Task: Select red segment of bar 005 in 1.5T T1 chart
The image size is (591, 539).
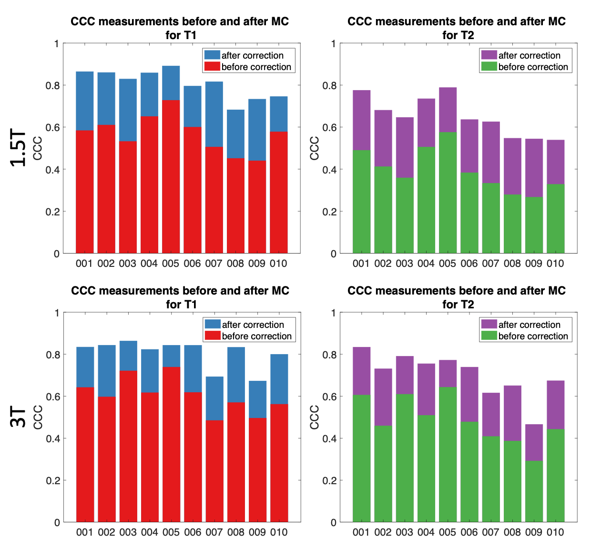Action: (171, 176)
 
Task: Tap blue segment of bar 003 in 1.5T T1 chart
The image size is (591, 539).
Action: (128, 110)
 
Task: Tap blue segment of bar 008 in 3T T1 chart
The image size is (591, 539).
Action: (236, 375)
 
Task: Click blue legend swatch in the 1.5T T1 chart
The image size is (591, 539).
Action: (212, 55)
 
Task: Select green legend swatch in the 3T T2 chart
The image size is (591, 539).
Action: (489, 336)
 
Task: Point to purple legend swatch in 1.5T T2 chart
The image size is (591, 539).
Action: (489, 55)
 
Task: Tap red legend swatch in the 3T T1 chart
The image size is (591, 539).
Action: (213, 336)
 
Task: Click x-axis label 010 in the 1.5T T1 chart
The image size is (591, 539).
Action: (278, 264)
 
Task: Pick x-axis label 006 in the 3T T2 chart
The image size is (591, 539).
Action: (469, 532)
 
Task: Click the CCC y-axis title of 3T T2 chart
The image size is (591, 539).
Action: (315, 417)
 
